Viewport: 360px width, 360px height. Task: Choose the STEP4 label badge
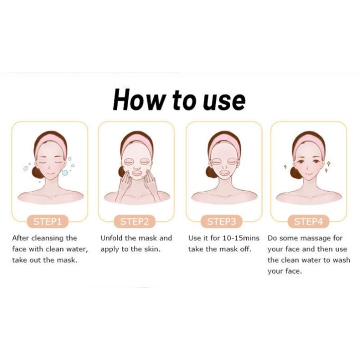308,221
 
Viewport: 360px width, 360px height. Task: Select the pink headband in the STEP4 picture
309,140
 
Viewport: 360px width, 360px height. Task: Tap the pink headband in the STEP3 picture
224,141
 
